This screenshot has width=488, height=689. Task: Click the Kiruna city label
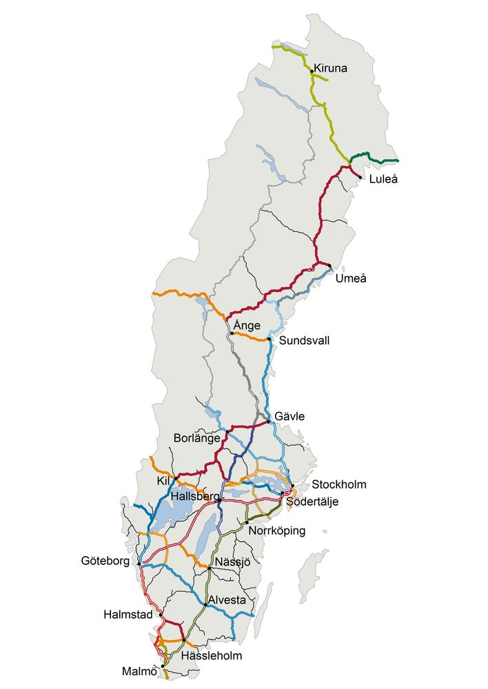[x=331, y=69]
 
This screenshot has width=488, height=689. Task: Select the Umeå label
[x=351, y=278]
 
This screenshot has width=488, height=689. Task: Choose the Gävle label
[x=289, y=417]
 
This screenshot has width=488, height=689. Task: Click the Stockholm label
[x=339, y=484]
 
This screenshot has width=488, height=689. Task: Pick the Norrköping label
[x=276, y=531]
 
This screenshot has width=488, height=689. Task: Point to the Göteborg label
[x=105, y=562]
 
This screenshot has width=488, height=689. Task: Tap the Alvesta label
[x=227, y=600]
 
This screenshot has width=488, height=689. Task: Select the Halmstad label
[x=128, y=614]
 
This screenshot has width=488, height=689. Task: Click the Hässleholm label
[x=211, y=656]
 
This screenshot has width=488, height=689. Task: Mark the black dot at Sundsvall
[x=270, y=339]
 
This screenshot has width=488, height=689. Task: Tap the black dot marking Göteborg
[x=139, y=564]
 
